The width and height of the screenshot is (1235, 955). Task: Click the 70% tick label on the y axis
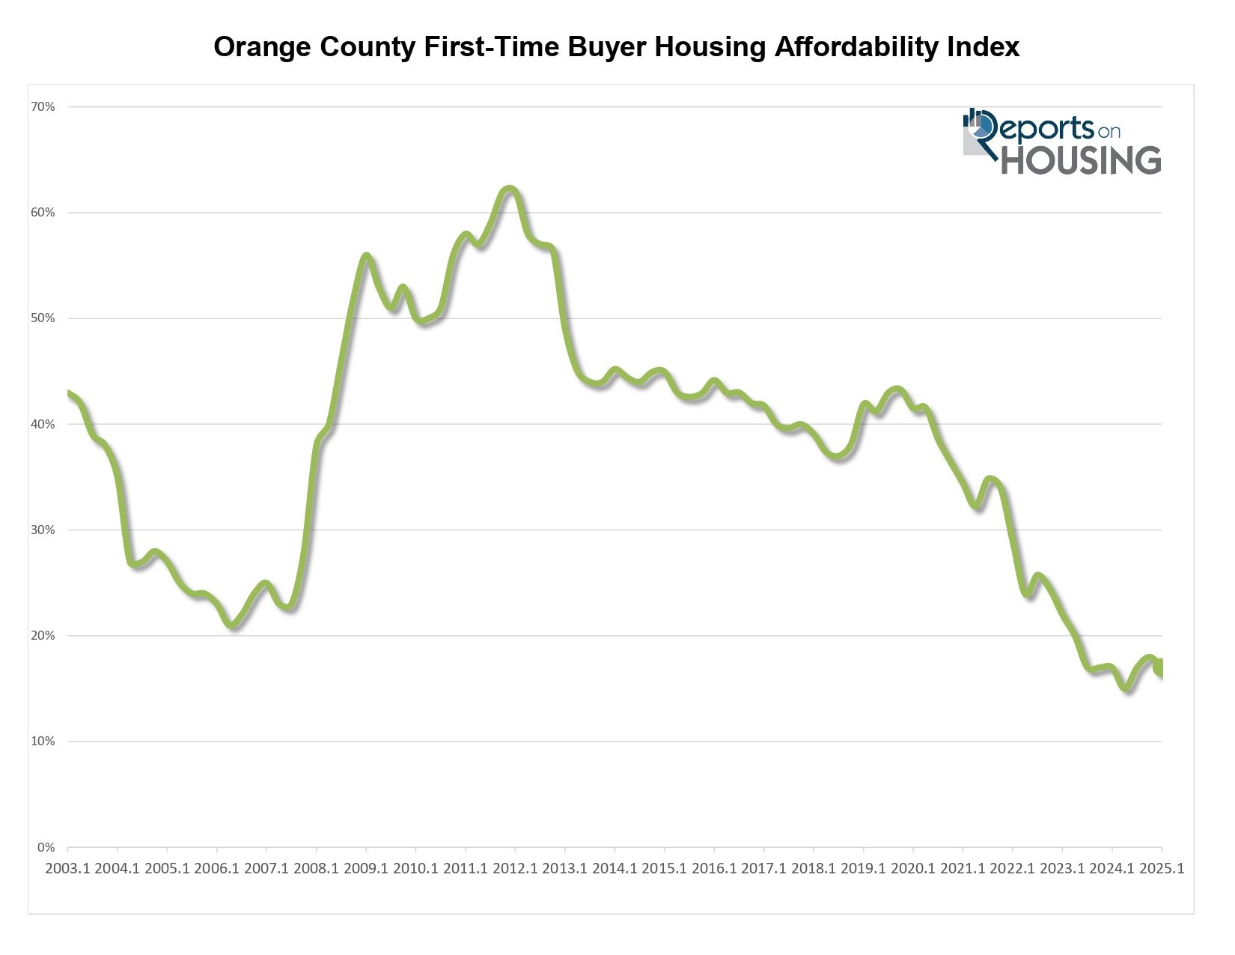click(x=43, y=107)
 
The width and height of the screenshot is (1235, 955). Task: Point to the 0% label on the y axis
click(x=46, y=848)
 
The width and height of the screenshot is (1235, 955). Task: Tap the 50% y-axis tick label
click(x=43, y=318)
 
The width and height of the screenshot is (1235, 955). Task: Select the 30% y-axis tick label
click(x=43, y=530)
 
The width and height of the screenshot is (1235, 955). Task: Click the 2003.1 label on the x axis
click(x=67, y=868)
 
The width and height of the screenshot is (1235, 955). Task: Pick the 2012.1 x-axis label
click(x=515, y=868)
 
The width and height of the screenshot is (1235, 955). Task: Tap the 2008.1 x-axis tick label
click(x=316, y=868)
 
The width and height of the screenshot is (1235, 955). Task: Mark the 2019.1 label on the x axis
click(x=863, y=868)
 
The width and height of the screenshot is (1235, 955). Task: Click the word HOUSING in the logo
click(x=1081, y=160)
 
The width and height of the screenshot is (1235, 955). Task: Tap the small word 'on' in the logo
click(x=1109, y=132)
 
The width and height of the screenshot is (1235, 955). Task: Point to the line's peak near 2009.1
click(x=366, y=256)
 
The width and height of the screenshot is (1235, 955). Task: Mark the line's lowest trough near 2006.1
click(x=234, y=625)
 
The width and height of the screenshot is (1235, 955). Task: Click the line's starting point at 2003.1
click(x=68, y=393)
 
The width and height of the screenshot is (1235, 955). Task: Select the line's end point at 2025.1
click(x=1160, y=671)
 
